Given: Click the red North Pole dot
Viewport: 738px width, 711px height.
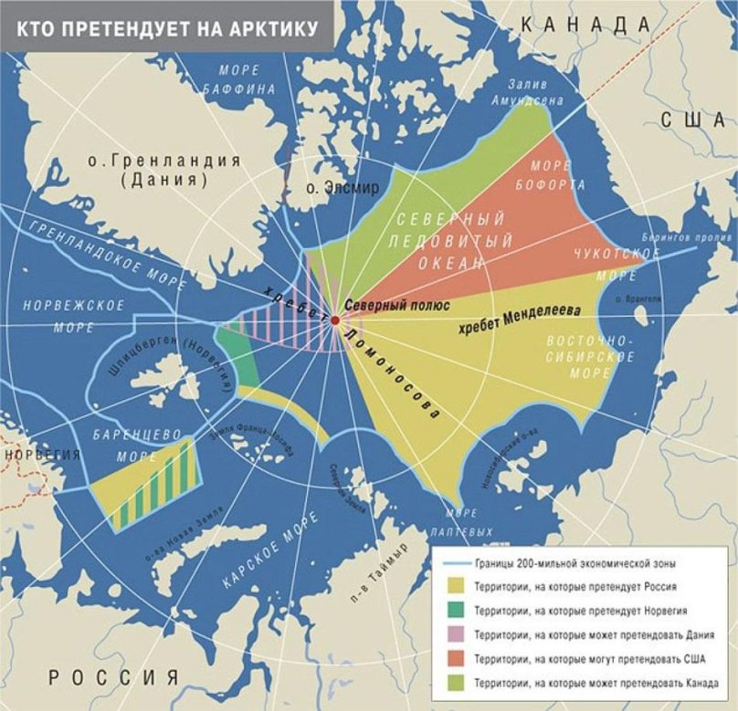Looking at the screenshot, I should coord(335,320).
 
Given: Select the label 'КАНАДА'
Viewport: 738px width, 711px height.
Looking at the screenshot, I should coord(576,25).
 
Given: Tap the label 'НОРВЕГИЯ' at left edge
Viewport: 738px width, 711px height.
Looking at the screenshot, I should coord(26,454).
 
